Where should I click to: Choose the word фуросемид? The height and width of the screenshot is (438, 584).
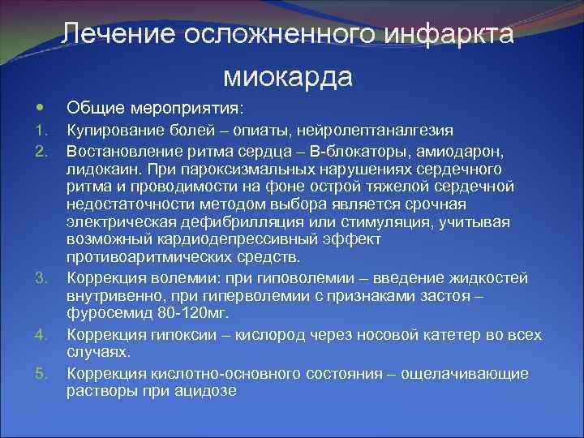(x=103, y=313)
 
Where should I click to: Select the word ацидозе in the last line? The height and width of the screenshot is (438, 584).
(x=204, y=391)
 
